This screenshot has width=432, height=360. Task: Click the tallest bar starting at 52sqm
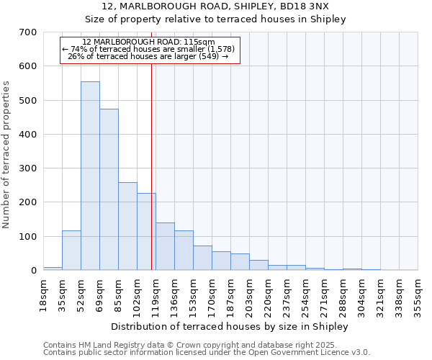coord(90,176)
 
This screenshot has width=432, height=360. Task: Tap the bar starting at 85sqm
coord(127,226)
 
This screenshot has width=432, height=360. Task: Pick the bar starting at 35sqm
coord(71,251)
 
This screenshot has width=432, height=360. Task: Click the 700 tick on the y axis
coord(28,32)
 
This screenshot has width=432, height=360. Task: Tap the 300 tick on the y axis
coord(28,168)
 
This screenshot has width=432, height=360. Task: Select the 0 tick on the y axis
coord(33,271)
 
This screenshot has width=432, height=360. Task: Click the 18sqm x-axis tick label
coord(44,293)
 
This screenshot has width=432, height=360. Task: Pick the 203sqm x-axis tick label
coord(250,295)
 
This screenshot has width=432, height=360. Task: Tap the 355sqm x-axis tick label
coord(418,295)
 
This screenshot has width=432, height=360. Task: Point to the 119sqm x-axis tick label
coord(156,295)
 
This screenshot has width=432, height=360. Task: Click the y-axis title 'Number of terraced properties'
coord(6,155)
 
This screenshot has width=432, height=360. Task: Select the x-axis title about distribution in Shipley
coord(230,326)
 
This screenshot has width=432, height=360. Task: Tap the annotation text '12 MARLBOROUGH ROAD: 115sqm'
coord(148,42)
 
